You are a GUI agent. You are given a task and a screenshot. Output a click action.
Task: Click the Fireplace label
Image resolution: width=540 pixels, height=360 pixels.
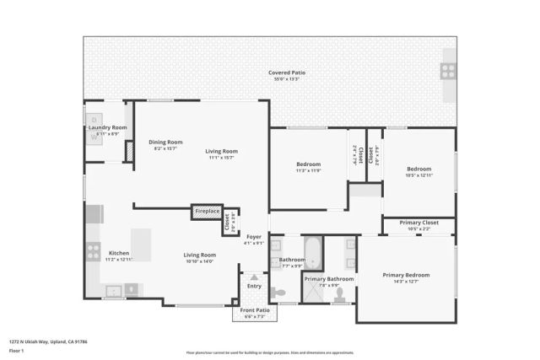[208, 211]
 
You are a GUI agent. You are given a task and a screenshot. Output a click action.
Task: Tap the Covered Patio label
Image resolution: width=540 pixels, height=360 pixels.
[287, 73]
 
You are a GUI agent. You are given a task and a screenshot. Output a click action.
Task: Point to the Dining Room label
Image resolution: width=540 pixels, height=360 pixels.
[165, 142]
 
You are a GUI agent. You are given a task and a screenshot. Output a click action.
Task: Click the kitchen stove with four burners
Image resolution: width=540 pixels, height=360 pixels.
[94, 251]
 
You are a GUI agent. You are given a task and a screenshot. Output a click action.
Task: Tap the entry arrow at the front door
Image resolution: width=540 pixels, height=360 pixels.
[254, 277]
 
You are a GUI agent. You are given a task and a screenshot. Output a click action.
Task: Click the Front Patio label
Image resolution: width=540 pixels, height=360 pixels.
[254, 310]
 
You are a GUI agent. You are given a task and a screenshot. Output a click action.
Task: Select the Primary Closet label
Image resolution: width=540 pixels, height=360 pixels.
[418, 223]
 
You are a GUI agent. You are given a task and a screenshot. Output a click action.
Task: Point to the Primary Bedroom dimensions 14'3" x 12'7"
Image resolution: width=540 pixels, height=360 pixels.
[406, 282]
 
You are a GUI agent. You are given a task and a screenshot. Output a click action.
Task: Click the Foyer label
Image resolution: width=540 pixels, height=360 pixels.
[254, 237]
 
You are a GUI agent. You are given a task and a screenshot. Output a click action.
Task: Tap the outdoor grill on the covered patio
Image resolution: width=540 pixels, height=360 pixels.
[448, 71]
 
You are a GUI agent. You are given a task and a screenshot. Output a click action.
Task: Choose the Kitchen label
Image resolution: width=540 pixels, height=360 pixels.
[119, 253]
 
